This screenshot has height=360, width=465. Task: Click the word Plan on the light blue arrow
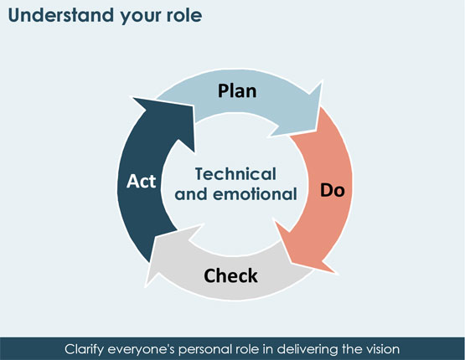(x=237, y=91)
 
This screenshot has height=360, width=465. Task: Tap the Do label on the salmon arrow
(x=332, y=190)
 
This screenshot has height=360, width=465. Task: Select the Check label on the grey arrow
(x=230, y=275)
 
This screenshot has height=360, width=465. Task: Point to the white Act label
(x=141, y=181)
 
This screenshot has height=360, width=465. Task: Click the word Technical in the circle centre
(x=235, y=173)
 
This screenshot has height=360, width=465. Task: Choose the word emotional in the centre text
(x=255, y=194)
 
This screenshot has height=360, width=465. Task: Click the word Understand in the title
(x=61, y=15)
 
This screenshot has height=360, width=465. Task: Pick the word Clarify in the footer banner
(x=84, y=349)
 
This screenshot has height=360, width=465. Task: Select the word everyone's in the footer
(x=141, y=349)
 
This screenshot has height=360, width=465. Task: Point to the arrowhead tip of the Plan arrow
(x=322, y=81)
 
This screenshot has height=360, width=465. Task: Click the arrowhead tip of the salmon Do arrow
(x=336, y=273)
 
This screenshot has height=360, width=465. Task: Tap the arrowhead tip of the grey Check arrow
(x=145, y=286)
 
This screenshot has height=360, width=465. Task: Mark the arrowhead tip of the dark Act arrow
(x=131, y=97)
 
